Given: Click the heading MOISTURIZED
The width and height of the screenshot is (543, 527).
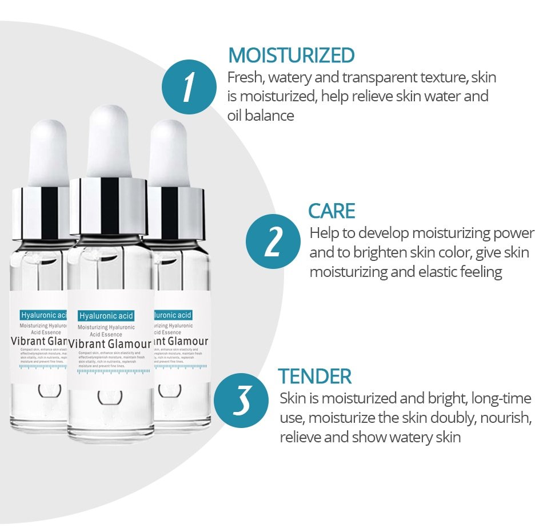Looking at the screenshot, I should pos(291,56).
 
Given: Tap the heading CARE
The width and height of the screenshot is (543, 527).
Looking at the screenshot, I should pos(332,211).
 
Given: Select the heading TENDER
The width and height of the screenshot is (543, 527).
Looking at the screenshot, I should pos(314,377).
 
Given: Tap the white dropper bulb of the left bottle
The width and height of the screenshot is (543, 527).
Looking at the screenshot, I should pos(49,152).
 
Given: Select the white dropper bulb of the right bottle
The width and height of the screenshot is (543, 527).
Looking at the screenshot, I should pos(170,152).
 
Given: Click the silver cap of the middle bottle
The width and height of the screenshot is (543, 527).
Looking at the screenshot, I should pos(109,206).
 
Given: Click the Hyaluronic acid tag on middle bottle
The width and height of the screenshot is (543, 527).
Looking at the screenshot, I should pos(106,316).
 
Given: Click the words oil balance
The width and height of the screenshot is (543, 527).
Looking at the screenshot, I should pos(261,116).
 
